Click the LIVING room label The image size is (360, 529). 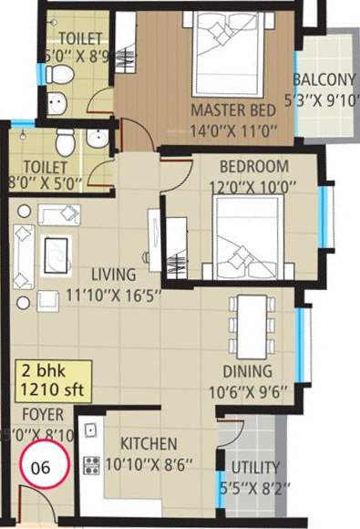click(x=114, y=275)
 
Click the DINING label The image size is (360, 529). click(x=246, y=371)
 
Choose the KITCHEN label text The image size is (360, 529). click(x=147, y=444)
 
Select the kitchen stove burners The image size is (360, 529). click(x=92, y=466)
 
